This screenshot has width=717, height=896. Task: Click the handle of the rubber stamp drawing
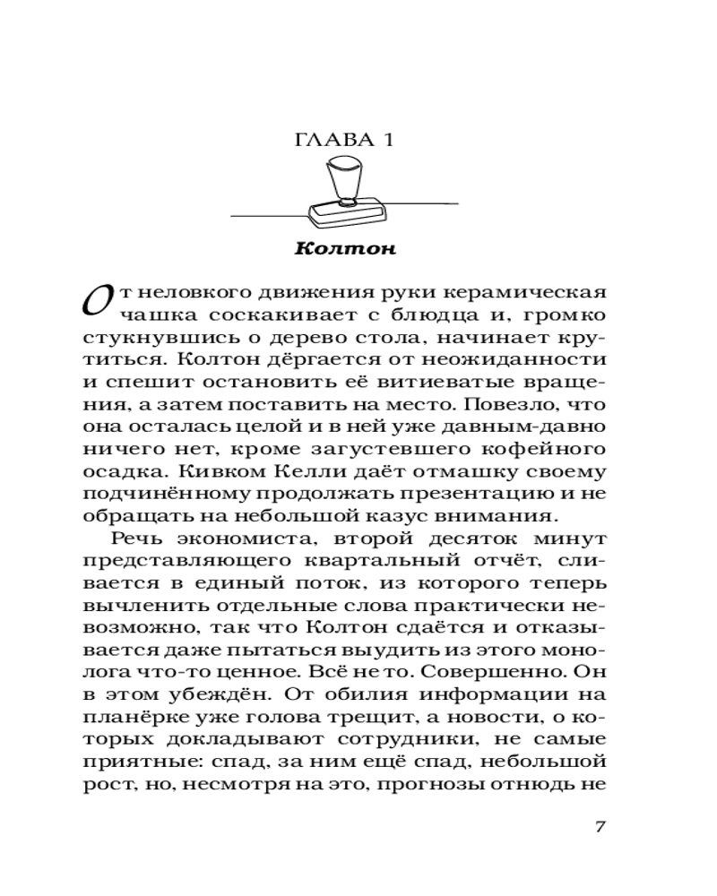click(343, 179)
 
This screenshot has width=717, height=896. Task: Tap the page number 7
click(601, 825)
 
